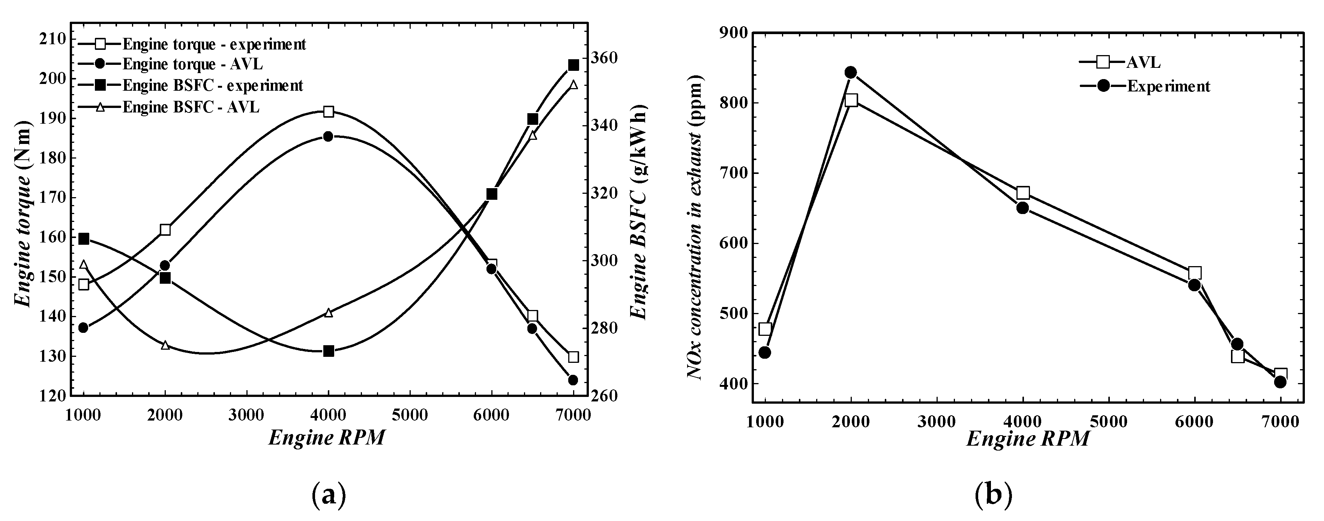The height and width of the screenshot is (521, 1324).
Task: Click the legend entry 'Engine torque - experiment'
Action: click(214, 44)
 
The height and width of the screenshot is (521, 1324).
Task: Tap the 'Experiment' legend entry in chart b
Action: click(1169, 86)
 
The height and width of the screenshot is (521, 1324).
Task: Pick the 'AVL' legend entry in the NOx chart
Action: click(1142, 62)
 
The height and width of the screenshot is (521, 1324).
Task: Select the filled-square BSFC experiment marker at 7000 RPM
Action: click(573, 65)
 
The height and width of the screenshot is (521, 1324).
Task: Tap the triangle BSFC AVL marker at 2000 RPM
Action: click(165, 345)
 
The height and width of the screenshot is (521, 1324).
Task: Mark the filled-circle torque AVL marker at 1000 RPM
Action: click(84, 328)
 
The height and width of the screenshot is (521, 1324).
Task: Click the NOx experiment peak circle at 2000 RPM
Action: click(851, 72)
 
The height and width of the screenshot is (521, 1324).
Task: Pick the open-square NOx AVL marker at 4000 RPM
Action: click(1023, 193)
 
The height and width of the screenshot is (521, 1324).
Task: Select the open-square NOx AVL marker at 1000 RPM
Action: click(765, 329)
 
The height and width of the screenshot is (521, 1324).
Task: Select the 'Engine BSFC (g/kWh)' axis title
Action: click(639, 212)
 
